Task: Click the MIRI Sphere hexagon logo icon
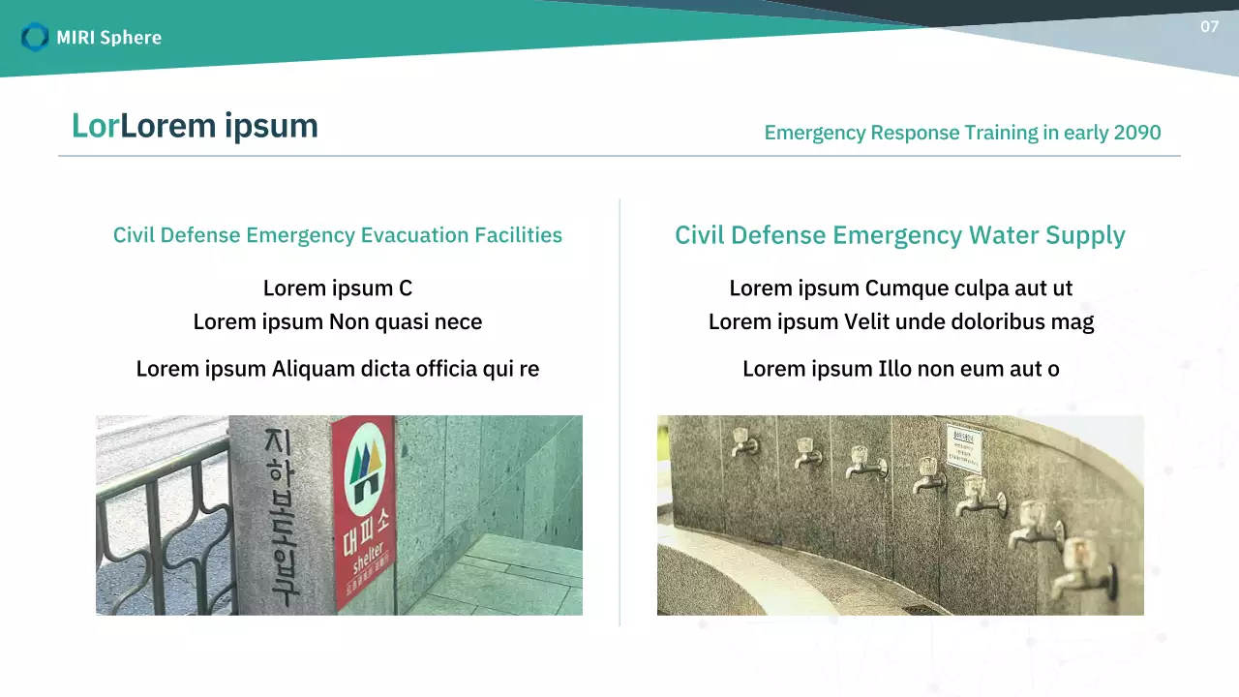pyautogui.click(x=35, y=37)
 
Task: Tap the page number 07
pyautogui.click(x=1209, y=27)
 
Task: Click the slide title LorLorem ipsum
pyautogui.click(x=195, y=126)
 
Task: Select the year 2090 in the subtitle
pyautogui.click(x=1137, y=133)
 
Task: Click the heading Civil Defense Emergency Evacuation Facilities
pyautogui.click(x=338, y=235)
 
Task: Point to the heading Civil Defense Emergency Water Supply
pyautogui.click(x=900, y=235)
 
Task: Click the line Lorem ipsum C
pyautogui.click(x=338, y=288)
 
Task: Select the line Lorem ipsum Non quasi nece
pyautogui.click(x=338, y=321)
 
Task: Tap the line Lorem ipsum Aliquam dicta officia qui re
pyautogui.click(x=338, y=369)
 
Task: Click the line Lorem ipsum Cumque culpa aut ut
pyautogui.click(x=900, y=288)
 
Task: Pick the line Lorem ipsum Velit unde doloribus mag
pyautogui.click(x=900, y=321)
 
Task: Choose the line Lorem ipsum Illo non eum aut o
pyautogui.click(x=900, y=369)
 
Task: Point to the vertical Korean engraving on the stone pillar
pyautogui.click(x=282, y=513)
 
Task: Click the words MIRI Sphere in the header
pyautogui.click(x=108, y=38)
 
